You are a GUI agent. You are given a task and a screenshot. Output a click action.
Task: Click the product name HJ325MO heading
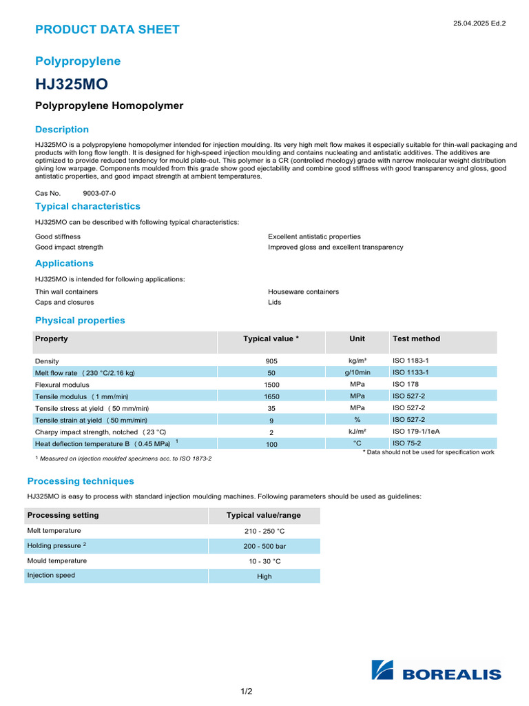72,84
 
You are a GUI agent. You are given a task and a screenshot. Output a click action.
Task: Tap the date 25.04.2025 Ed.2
479,23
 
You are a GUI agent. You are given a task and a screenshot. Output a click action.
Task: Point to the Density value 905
271,361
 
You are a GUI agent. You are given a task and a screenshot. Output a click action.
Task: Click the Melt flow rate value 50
271,373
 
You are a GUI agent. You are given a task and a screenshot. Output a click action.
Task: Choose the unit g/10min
357,372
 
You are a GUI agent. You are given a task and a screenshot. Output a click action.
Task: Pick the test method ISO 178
406,384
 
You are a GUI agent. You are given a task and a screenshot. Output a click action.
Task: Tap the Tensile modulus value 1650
271,396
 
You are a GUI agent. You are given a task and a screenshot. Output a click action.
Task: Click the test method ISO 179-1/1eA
416,431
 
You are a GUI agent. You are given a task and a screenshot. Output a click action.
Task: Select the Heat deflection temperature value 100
271,445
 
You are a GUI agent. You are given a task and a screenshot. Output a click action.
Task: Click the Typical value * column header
271,339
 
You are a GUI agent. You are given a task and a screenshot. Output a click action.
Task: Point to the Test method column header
416,339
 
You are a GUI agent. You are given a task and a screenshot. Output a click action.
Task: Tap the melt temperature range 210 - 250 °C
264,532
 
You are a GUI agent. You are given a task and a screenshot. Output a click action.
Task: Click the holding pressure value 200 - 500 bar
264,546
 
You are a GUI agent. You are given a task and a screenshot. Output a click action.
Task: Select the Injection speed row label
51,575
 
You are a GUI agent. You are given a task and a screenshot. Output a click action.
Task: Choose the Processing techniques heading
81,481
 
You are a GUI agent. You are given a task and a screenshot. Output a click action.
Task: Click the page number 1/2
246,692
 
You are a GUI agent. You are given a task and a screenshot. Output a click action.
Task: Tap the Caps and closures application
65,302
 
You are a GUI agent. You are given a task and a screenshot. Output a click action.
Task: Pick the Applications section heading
64,263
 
